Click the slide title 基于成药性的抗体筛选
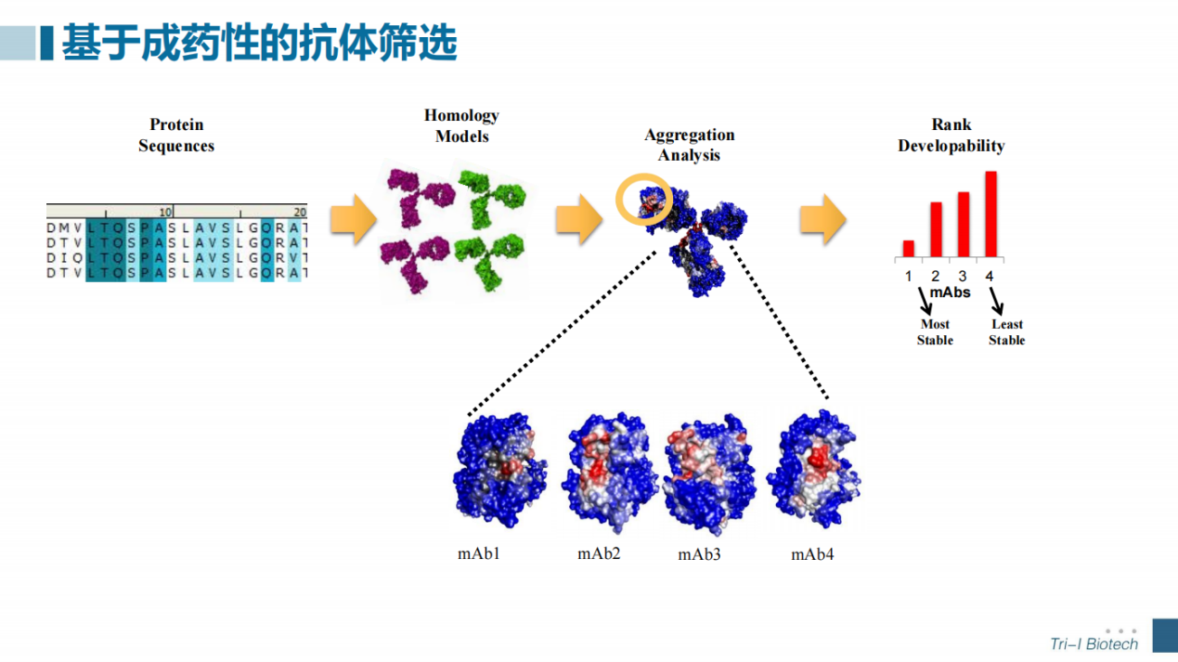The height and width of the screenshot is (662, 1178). click(x=260, y=43)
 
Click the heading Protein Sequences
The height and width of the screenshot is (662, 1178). click(x=176, y=136)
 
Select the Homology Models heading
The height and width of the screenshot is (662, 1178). click(x=461, y=125)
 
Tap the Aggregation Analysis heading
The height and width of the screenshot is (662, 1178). click(x=690, y=145)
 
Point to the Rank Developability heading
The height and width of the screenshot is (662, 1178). click(x=951, y=136)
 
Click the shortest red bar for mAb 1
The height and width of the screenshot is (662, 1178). click(x=908, y=249)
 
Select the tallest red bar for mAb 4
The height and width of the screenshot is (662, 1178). click(x=990, y=214)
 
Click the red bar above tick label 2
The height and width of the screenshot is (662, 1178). click(x=936, y=229)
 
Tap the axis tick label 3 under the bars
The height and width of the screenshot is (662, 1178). click(x=963, y=276)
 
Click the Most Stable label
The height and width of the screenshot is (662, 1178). click(x=935, y=331)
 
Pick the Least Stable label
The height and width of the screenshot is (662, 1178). click(x=1006, y=331)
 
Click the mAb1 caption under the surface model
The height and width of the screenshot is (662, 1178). click(x=479, y=553)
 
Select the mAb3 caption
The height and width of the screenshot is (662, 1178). click(x=699, y=554)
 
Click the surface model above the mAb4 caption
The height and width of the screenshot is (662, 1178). click(x=813, y=469)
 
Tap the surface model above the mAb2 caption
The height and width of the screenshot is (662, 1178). click(x=609, y=474)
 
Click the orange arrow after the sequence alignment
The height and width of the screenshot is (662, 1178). click(x=354, y=219)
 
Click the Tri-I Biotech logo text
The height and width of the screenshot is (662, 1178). click(x=1094, y=643)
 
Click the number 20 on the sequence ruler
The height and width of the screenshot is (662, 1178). click(x=300, y=212)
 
